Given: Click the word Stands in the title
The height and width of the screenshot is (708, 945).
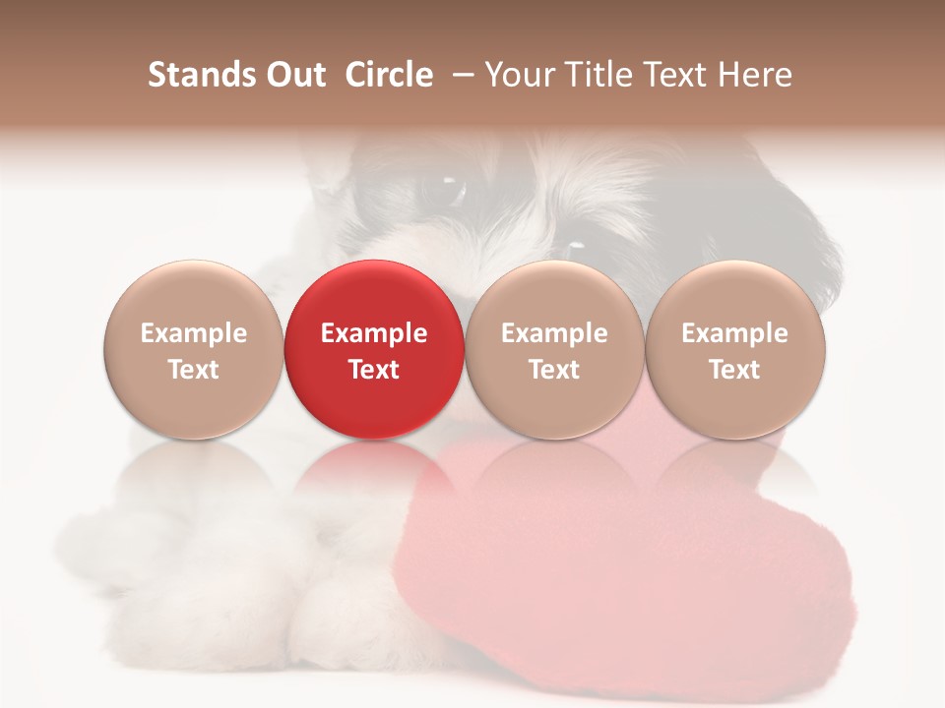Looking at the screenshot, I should (199, 75).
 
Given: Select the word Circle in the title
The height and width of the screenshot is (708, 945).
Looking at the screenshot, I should (389, 75).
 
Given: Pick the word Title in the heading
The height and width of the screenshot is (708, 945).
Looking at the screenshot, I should (594, 75).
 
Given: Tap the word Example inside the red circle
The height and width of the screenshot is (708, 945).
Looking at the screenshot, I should (374, 333).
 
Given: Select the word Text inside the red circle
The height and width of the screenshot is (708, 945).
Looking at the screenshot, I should (374, 370).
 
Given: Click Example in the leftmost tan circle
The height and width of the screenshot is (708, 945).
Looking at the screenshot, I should (193, 333).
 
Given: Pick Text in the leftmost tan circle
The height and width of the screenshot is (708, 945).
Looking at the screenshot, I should (193, 370).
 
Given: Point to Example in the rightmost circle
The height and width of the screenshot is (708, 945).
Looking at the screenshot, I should (734, 333).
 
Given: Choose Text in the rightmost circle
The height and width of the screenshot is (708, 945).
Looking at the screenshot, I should (734, 370).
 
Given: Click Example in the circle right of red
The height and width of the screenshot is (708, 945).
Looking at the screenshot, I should (554, 333).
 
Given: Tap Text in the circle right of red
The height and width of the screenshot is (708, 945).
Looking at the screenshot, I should (554, 370).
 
